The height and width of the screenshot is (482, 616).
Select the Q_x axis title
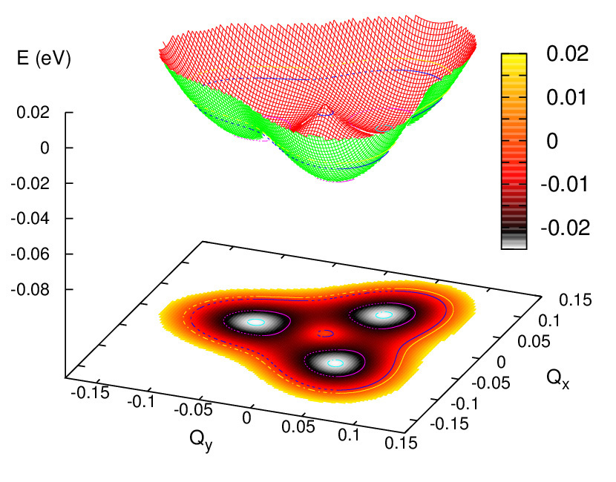tap(557, 379)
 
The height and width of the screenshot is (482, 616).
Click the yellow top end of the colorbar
tap(514, 58)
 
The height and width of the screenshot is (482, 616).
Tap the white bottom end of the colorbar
tap(514, 242)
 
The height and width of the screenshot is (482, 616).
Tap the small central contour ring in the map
tap(324, 334)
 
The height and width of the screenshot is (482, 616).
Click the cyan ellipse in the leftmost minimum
tap(256, 322)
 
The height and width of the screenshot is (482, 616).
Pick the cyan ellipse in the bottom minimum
tap(336, 363)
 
